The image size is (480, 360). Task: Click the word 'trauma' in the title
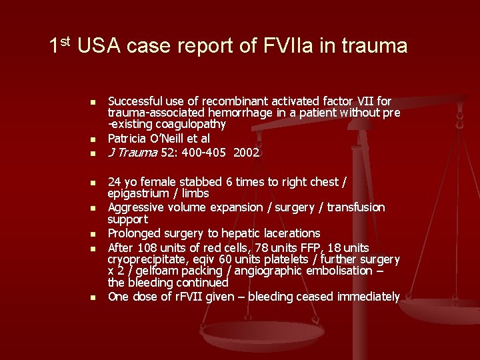click(x=375, y=46)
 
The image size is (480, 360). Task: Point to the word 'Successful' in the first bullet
click(x=134, y=101)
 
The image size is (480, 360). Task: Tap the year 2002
click(x=247, y=153)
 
